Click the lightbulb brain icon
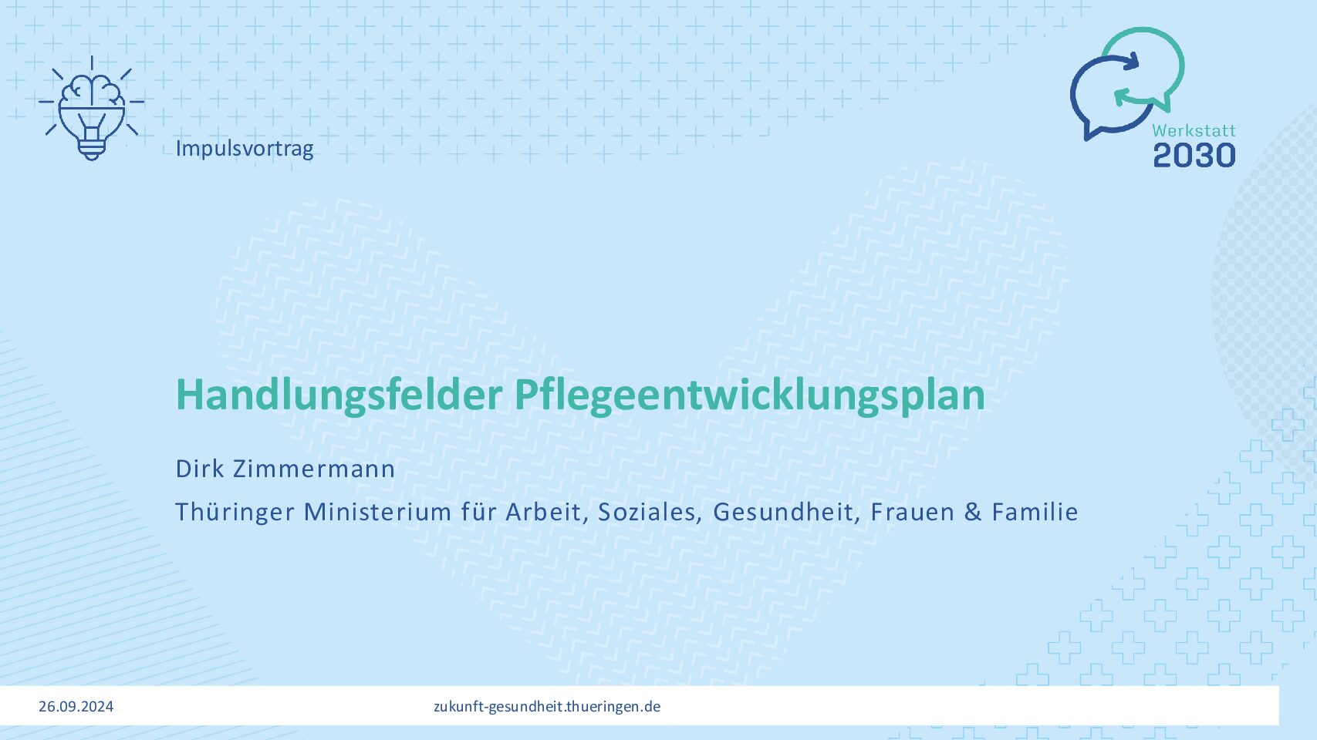click(92, 109)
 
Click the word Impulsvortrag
click(245, 149)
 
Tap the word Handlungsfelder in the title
click(339, 395)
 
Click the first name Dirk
click(200, 469)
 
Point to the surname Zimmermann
click(314, 469)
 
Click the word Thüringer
click(235, 512)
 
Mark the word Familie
click(1035, 512)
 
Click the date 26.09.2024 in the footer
click(76, 707)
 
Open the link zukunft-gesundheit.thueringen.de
click(547, 707)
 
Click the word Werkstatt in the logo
click(1194, 130)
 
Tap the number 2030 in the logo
click(1194, 155)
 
